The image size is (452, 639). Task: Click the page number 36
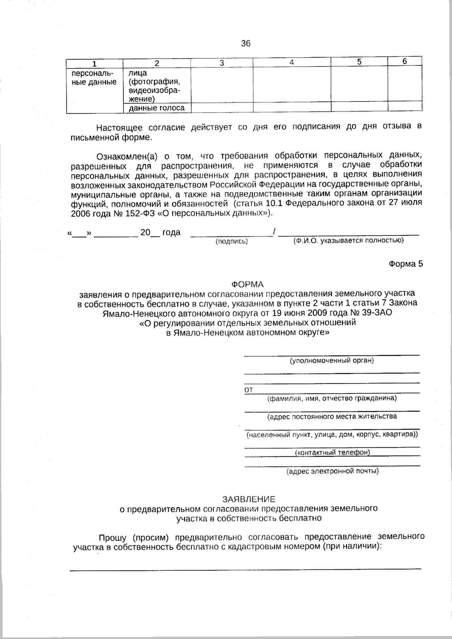(x=246, y=44)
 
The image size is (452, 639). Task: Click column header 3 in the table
(x=222, y=63)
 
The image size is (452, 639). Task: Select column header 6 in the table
(x=405, y=62)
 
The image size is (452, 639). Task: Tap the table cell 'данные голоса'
(x=157, y=108)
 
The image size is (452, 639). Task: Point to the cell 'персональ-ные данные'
(x=94, y=77)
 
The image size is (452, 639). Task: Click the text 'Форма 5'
(x=406, y=264)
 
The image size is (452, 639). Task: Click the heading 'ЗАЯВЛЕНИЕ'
(x=249, y=499)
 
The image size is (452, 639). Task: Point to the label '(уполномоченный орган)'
(x=331, y=361)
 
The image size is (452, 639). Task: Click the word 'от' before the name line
(x=249, y=390)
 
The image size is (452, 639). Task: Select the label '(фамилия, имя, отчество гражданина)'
(x=331, y=398)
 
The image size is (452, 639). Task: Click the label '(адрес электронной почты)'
(x=332, y=471)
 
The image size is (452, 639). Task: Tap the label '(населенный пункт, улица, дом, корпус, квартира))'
(x=332, y=435)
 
